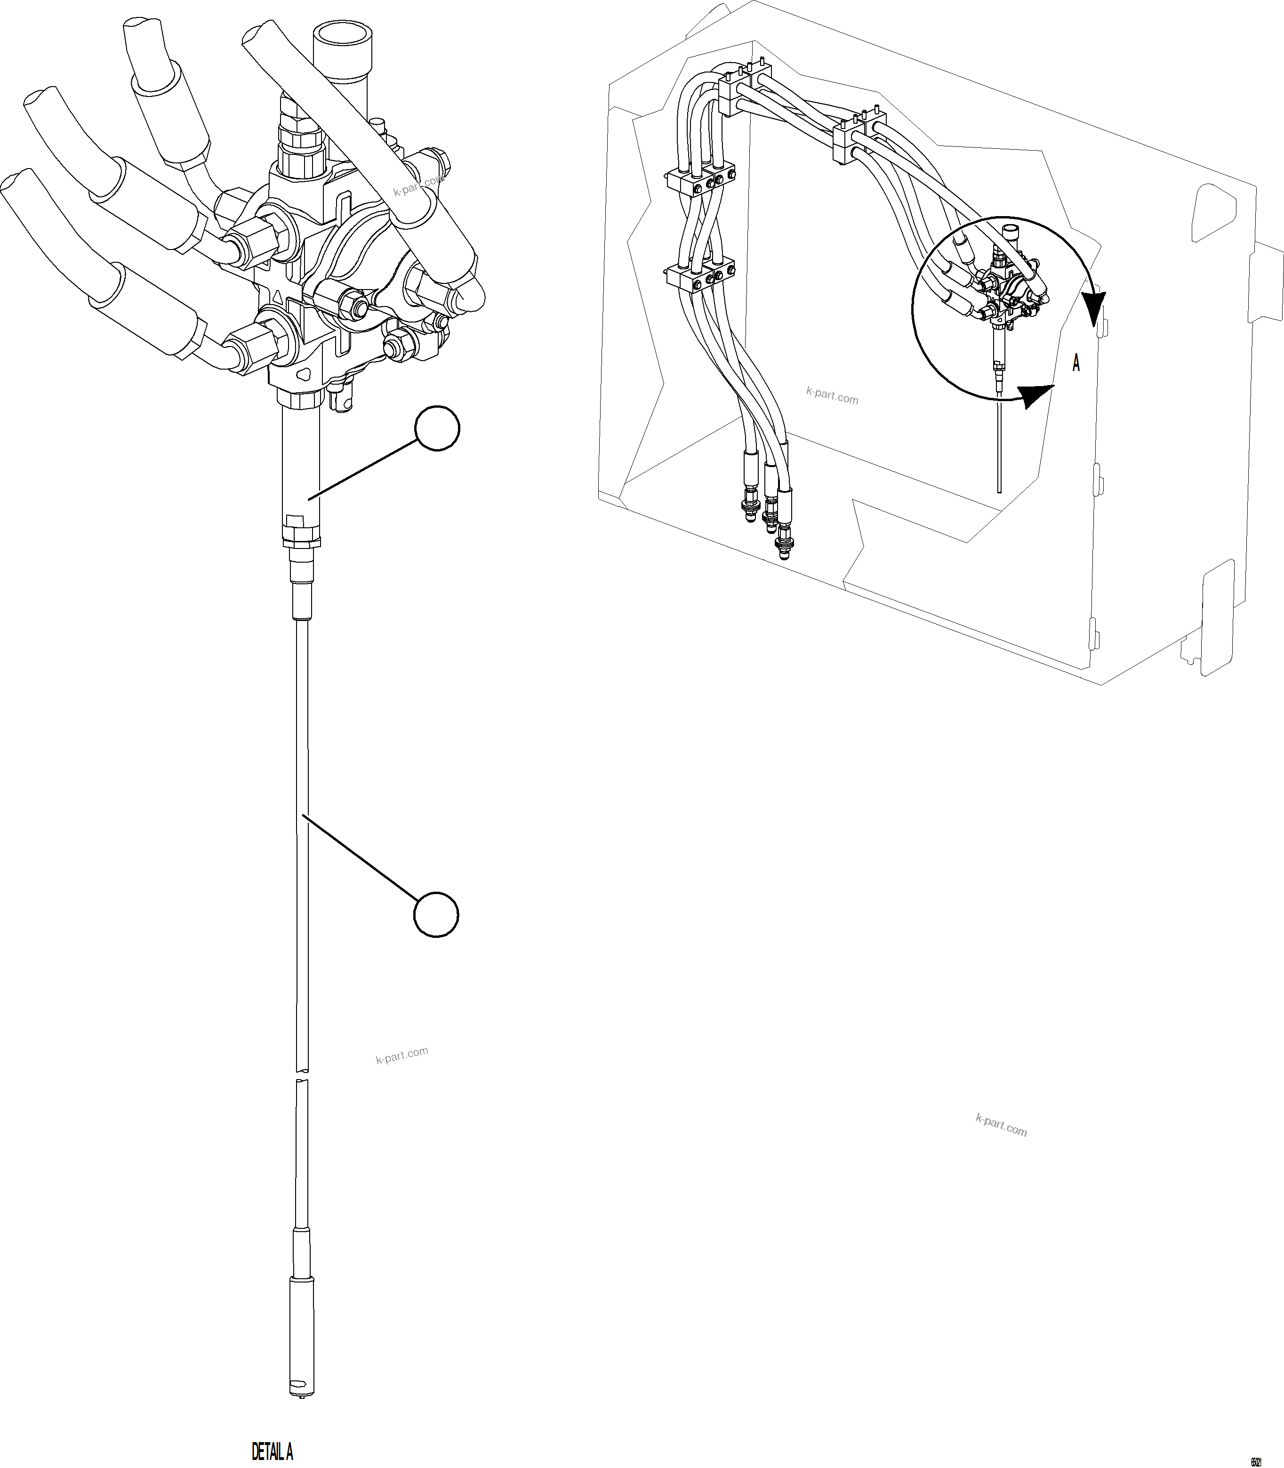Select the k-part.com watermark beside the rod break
(402, 1055)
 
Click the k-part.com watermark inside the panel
(832, 395)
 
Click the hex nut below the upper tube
(301, 533)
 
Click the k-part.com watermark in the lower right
(1001, 1125)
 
